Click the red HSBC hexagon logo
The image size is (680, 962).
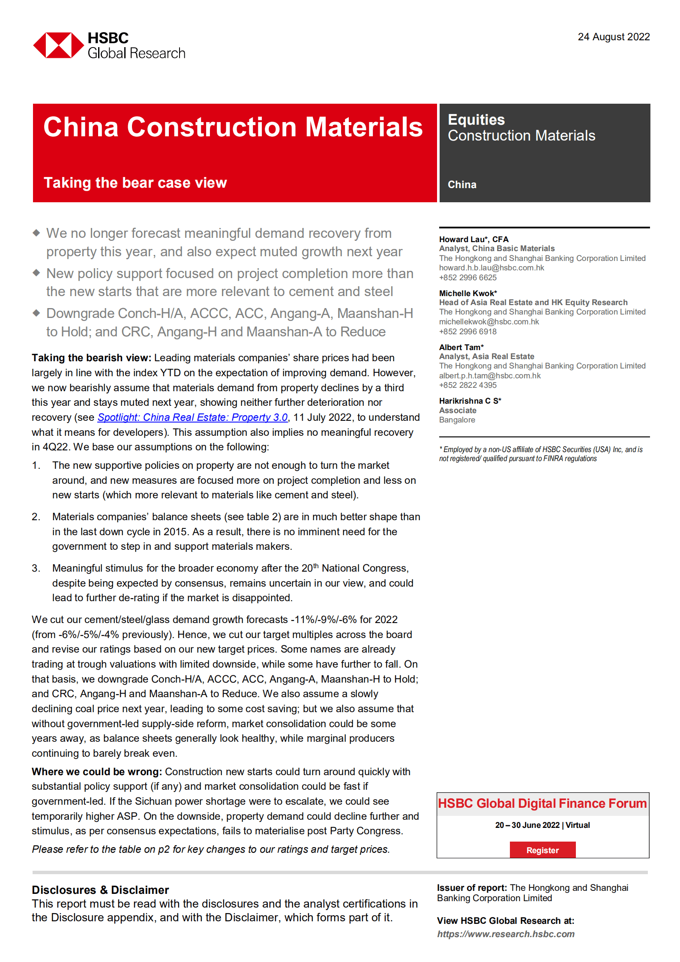coord(58,45)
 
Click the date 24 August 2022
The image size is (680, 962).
coord(613,37)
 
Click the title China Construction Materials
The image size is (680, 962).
coord(233,127)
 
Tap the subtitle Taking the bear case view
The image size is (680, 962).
coord(135,183)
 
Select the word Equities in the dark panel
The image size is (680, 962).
coord(476,120)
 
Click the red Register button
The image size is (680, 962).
coord(542,850)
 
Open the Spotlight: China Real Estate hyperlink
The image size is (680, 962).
coord(192,417)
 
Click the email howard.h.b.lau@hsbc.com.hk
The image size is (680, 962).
coord(491,268)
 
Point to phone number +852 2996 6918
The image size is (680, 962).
coord(467,332)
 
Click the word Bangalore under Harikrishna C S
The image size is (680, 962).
coord(457,420)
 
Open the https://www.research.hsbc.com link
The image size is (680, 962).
coord(505,934)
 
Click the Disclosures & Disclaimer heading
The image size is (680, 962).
coord(100,890)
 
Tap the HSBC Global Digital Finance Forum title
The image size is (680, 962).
coord(542,803)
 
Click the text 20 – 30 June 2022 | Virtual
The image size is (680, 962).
coord(542,825)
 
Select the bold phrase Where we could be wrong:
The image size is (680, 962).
coord(96,772)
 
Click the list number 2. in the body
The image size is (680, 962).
coord(36,517)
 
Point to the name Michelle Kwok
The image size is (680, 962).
coord(467,293)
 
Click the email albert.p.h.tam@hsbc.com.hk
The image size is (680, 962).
coord(489,376)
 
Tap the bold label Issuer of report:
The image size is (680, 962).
coord(472,888)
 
